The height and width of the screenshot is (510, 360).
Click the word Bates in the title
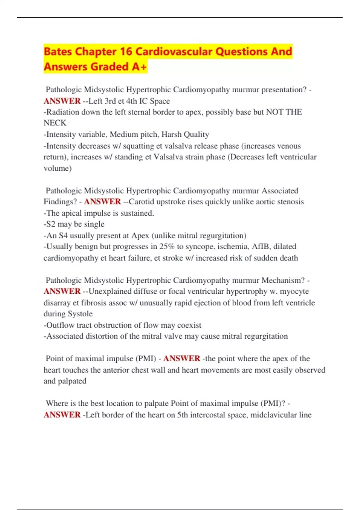pyautogui.click(x=58, y=52)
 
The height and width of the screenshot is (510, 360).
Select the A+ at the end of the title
pyautogui.click(x=139, y=67)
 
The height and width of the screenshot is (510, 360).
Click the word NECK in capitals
pyautogui.click(x=55, y=123)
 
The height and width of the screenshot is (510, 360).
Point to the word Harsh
pyautogui.click(x=171, y=134)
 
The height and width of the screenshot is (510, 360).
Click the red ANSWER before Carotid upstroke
pyautogui.click(x=102, y=202)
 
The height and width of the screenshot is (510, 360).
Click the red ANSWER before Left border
pyautogui.click(x=62, y=415)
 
